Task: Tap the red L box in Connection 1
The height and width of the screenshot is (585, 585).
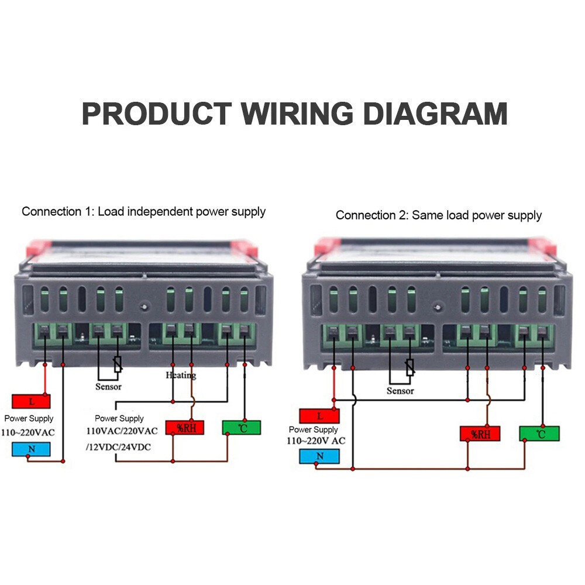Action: pyautogui.click(x=31, y=401)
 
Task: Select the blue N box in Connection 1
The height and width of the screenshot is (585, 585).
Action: pyautogui.click(x=31, y=449)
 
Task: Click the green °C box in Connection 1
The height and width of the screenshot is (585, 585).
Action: pyautogui.click(x=242, y=428)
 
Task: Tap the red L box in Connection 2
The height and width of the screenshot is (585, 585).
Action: pyautogui.click(x=319, y=416)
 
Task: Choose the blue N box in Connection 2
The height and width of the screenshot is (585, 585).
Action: pyautogui.click(x=319, y=456)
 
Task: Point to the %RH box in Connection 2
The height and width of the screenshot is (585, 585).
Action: pyautogui.click(x=480, y=433)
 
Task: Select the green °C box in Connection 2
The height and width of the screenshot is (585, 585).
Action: pyautogui.click(x=539, y=433)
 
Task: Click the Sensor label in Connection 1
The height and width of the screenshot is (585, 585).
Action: pyautogui.click(x=108, y=387)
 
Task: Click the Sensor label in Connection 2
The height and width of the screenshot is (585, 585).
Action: pyautogui.click(x=400, y=391)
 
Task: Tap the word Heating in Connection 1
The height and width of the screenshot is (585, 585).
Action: pyautogui.click(x=181, y=375)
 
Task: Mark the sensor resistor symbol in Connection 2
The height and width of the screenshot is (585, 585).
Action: pyautogui.click(x=409, y=367)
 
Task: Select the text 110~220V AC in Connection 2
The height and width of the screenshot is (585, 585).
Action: pyautogui.click(x=316, y=441)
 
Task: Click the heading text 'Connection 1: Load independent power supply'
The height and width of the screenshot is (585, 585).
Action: pyautogui.click(x=143, y=212)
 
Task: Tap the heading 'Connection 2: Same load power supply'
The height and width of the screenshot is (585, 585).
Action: pyautogui.click(x=439, y=215)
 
